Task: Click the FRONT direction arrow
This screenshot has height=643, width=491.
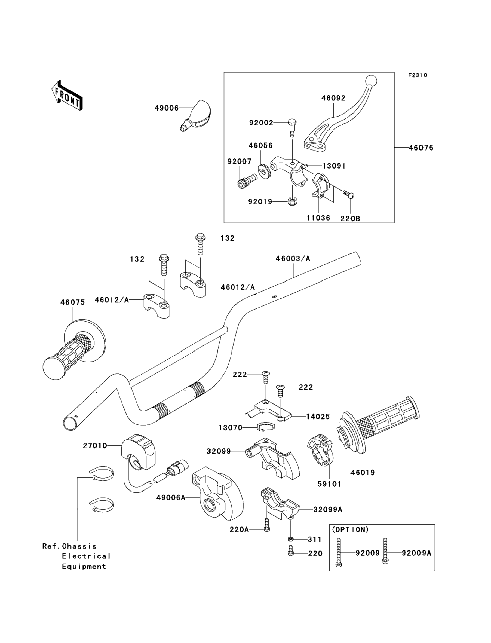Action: [67, 96]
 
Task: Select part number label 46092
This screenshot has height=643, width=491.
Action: [333, 98]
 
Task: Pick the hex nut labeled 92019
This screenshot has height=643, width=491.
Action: [292, 201]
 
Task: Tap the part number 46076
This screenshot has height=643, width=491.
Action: [421, 148]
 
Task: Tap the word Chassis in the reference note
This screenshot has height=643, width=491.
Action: [79, 546]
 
